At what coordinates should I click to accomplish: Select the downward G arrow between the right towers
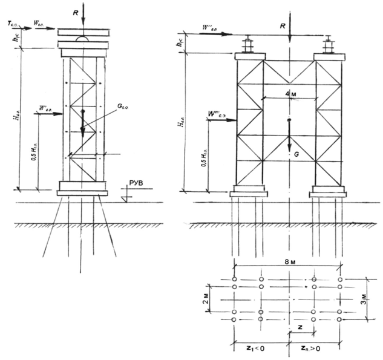[x=289, y=136]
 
